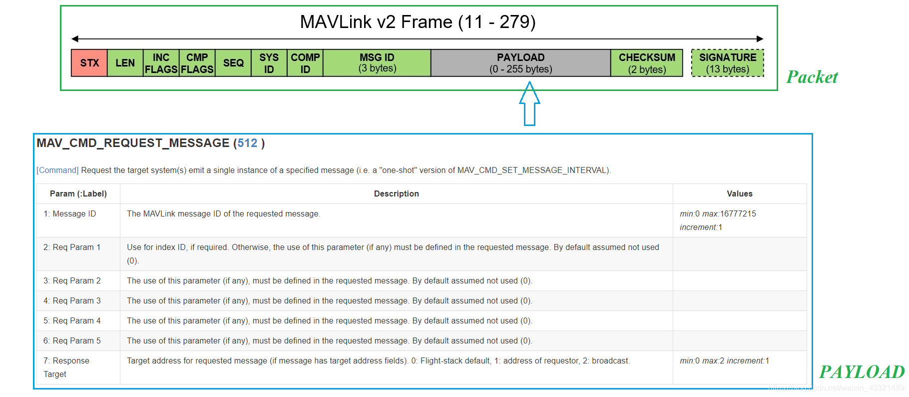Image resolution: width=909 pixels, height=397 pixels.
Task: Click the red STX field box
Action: [x=89, y=63]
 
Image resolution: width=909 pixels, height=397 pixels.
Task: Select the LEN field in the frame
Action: [x=125, y=63]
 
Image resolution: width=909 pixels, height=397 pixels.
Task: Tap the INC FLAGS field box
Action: [x=161, y=63]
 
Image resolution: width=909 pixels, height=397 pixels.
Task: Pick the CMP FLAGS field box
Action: [x=197, y=63]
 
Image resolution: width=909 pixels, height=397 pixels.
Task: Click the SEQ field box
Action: [x=233, y=63]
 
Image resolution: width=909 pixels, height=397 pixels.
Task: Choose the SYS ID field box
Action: [x=269, y=63]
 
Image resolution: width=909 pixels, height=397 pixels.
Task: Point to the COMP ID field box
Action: [x=305, y=63]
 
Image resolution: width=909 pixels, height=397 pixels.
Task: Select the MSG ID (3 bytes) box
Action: [x=377, y=63]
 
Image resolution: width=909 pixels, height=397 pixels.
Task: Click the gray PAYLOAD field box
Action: [x=520, y=63]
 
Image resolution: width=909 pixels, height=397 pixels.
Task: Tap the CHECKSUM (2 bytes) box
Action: [x=647, y=63]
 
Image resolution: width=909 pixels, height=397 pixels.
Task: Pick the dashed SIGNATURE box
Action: [x=728, y=63]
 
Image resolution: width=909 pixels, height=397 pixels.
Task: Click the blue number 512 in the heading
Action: [x=247, y=143]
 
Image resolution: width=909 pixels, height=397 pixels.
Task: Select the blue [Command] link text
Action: [x=57, y=170]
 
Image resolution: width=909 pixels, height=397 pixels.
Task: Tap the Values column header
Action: [x=739, y=194]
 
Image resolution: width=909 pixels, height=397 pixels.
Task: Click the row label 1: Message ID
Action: [x=69, y=214]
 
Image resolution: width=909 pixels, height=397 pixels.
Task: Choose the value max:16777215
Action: [x=729, y=214]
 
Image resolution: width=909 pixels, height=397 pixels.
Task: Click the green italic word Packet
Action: [x=812, y=77]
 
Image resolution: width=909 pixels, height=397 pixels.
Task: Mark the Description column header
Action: [x=396, y=194]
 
